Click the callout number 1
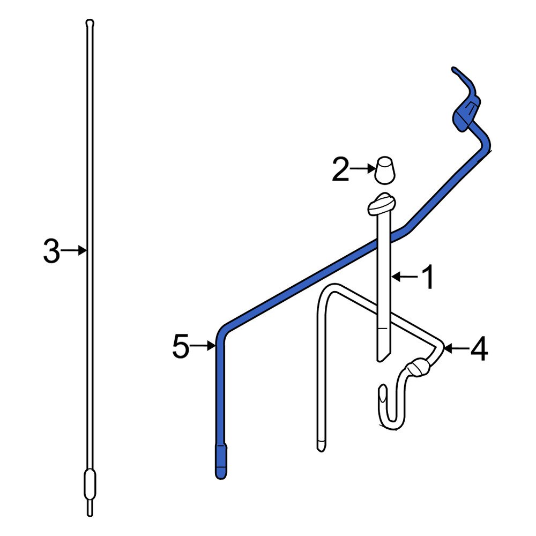click(427, 277)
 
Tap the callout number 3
click(51, 251)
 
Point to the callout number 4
click(479, 349)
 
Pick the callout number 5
click(181, 347)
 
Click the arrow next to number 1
click(403, 277)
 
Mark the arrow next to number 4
click(455, 349)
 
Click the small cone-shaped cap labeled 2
click(385, 170)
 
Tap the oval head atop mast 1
click(381, 203)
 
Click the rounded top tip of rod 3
click(90, 23)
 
